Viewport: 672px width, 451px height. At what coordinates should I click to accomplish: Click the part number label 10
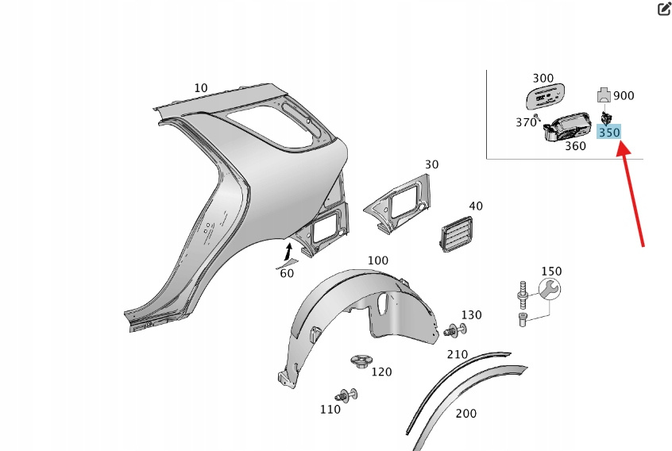(x=200, y=87)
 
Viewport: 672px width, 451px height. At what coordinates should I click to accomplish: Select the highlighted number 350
(x=609, y=133)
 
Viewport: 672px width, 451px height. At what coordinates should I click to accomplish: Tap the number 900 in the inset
(x=624, y=96)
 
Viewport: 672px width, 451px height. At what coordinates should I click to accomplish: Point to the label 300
(x=543, y=78)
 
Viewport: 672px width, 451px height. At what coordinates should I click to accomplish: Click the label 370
(x=526, y=122)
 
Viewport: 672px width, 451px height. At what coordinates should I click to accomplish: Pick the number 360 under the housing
(x=575, y=147)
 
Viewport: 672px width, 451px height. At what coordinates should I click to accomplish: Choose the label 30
(x=431, y=164)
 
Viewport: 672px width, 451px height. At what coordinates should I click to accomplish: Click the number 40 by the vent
(x=476, y=206)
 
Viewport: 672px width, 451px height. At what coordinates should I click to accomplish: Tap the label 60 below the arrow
(x=287, y=273)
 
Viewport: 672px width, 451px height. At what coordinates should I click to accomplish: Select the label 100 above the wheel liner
(x=378, y=260)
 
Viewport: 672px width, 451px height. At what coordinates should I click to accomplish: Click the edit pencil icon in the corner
(x=664, y=9)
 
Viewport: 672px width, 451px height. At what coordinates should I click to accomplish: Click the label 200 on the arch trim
(x=467, y=413)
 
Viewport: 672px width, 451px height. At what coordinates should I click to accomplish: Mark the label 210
(x=457, y=353)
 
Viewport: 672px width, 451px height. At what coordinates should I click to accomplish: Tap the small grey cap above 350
(x=604, y=95)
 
